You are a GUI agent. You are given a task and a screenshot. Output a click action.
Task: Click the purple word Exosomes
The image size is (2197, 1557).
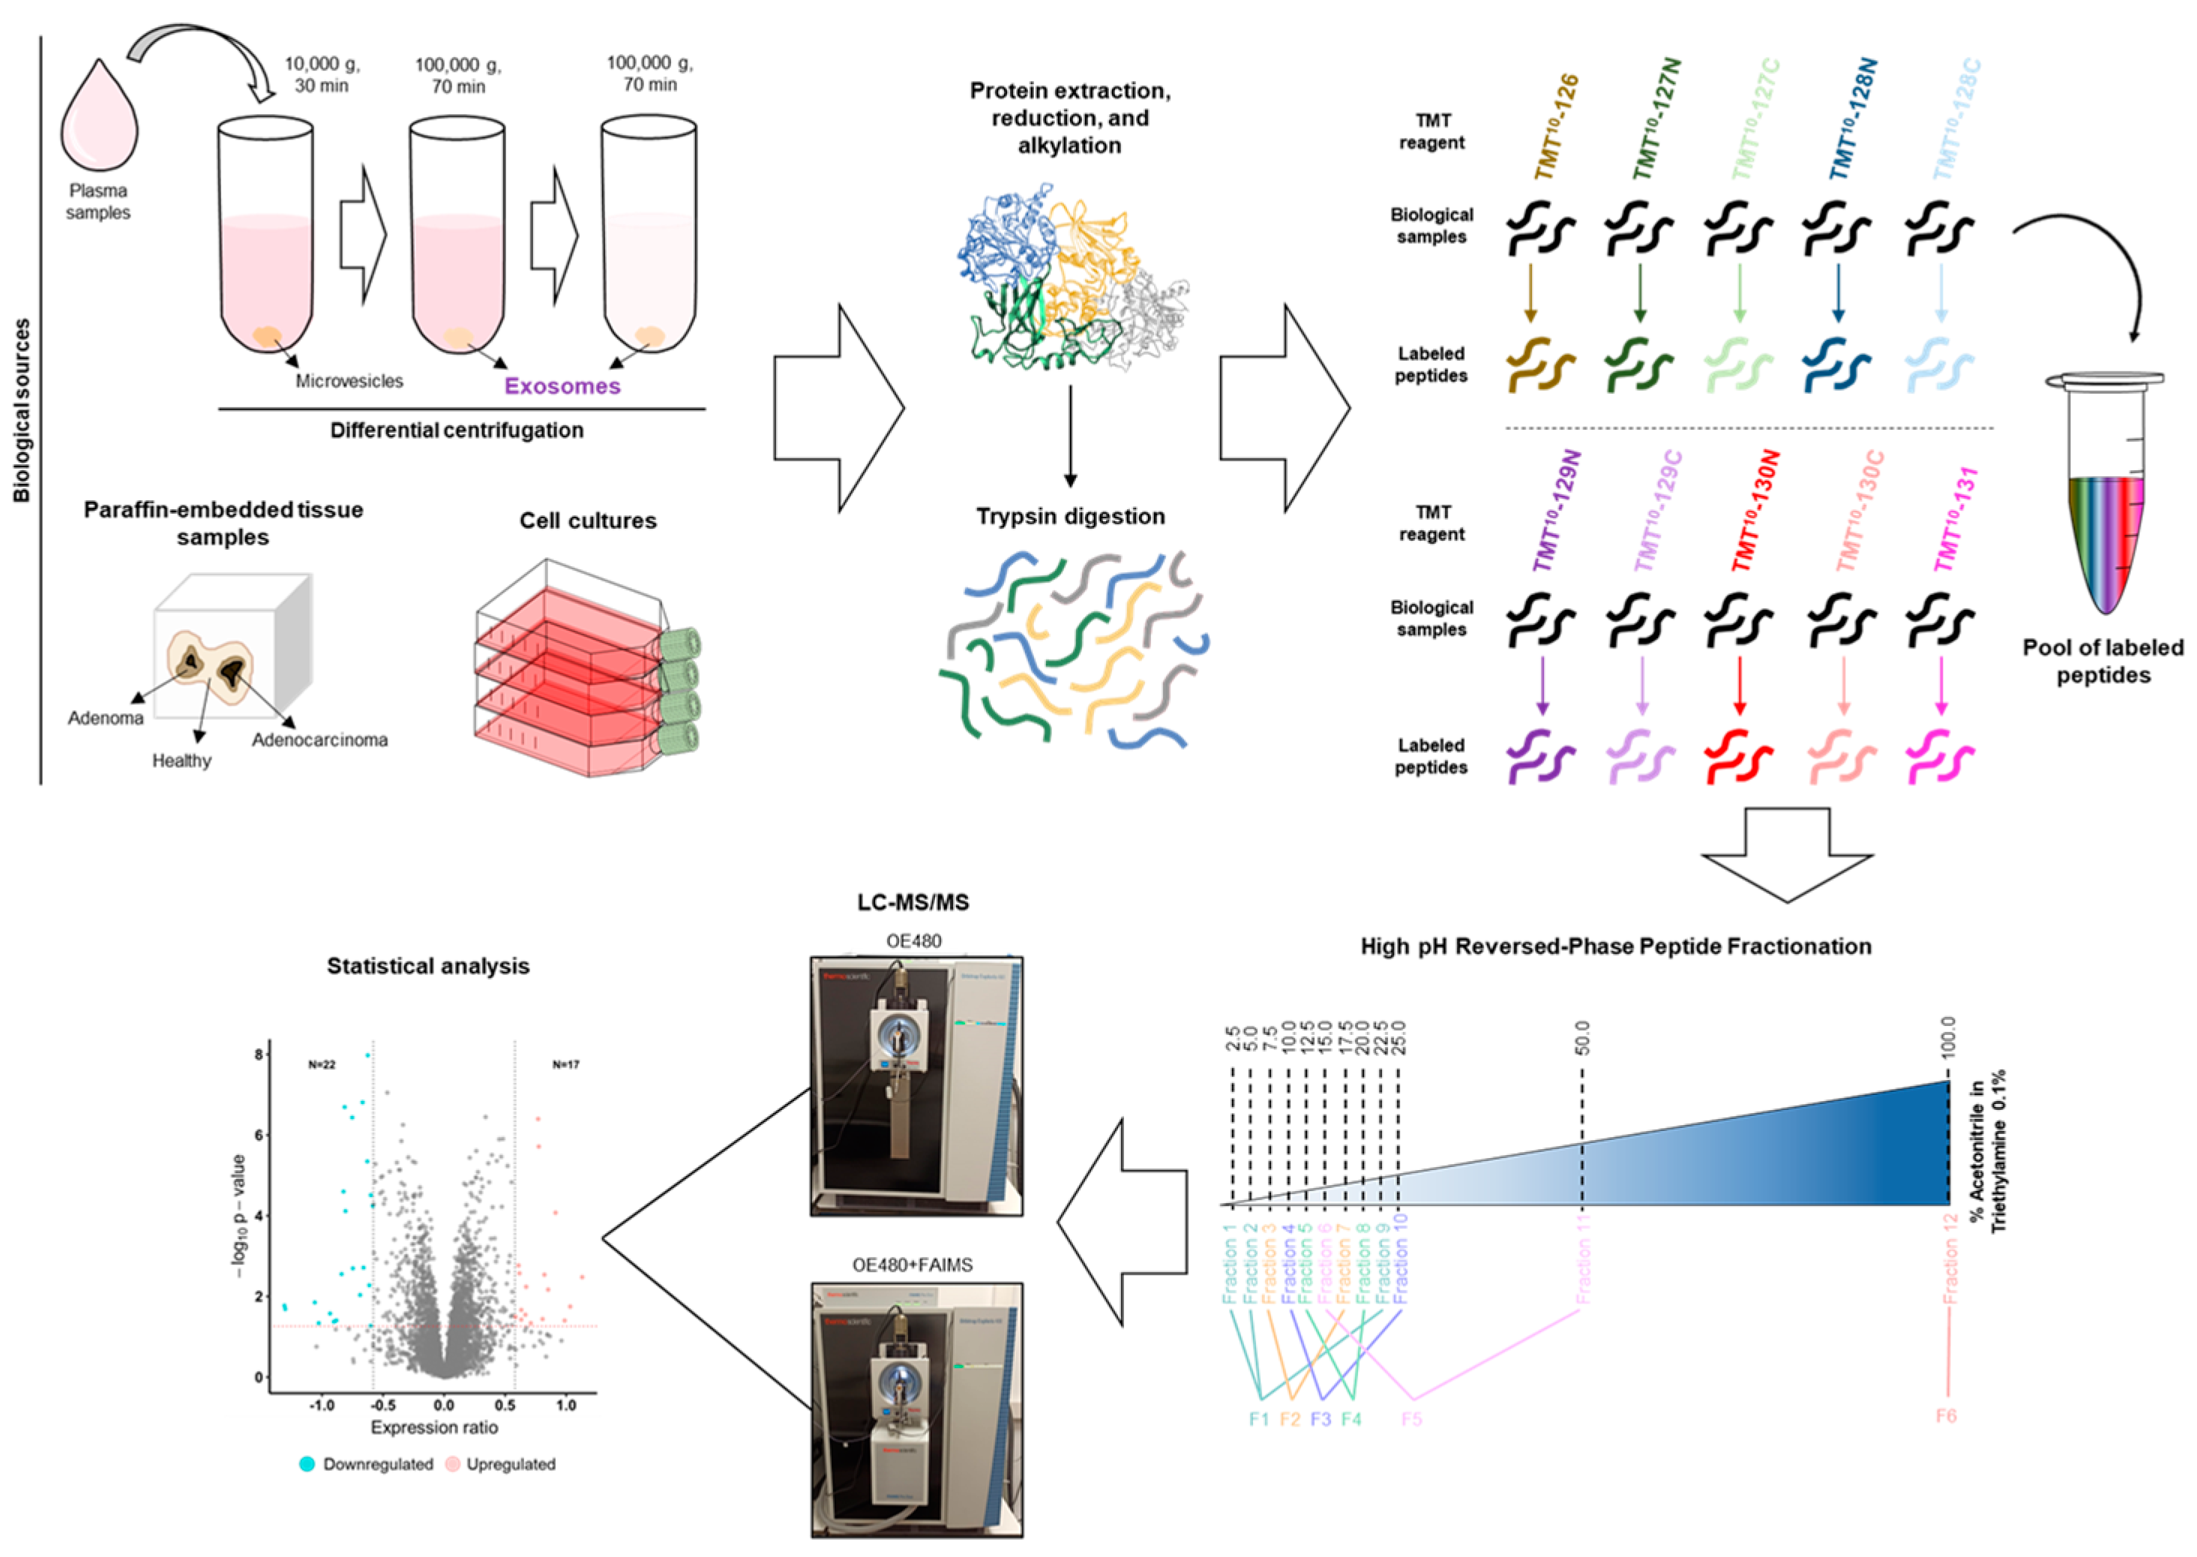pyautogui.click(x=562, y=386)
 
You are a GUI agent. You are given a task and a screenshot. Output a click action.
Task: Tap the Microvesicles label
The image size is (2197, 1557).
pyautogui.click(x=349, y=382)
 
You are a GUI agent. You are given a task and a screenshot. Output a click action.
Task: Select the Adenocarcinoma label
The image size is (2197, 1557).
pyautogui.click(x=319, y=740)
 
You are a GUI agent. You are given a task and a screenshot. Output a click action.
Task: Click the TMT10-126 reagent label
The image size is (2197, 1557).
pyautogui.click(x=1556, y=127)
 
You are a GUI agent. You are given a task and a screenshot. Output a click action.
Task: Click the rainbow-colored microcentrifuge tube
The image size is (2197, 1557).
pyautogui.click(x=2105, y=499)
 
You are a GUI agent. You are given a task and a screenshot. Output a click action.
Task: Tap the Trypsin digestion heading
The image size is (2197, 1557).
pyautogui.click(x=1070, y=517)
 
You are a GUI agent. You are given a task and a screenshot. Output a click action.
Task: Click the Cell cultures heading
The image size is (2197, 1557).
pyautogui.click(x=588, y=520)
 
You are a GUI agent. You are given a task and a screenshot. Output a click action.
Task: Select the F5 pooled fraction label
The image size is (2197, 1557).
pyautogui.click(x=1411, y=1419)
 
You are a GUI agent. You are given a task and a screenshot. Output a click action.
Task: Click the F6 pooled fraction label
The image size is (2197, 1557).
pyautogui.click(x=1945, y=1416)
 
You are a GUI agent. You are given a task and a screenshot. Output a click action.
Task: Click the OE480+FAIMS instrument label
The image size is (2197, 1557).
pyautogui.click(x=912, y=1265)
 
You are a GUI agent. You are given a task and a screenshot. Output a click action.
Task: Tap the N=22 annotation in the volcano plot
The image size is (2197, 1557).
pyautogui.click(x=322, y=1065)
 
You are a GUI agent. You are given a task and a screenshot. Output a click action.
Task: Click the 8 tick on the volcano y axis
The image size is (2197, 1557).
pyautogui.click(x=258, y=1054)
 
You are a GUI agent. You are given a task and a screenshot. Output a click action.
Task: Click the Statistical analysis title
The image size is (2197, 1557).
pyautogui.click(x=427, y=967)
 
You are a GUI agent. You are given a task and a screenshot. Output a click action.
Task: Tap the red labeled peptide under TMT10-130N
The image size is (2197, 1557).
pyautogui.click(x=1739, y=757)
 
